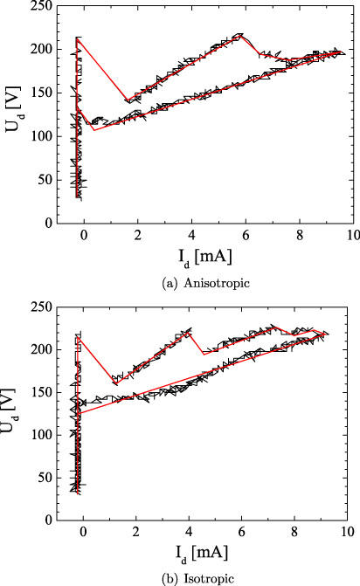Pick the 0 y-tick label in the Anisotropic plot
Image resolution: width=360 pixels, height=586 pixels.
point(42,224)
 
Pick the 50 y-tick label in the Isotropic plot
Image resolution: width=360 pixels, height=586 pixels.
point(38,477)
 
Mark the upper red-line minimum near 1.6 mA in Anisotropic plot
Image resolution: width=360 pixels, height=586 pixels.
point(128,101)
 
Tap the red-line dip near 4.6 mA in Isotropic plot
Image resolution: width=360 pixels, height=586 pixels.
point(204,354)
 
